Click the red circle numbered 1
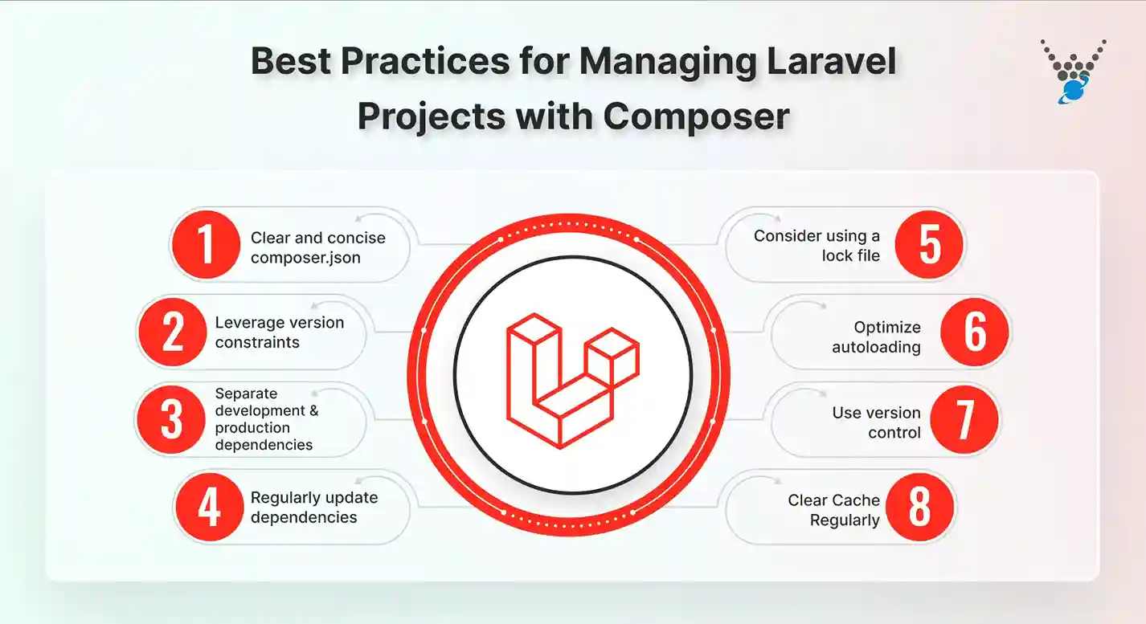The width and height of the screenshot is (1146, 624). click(207, 244)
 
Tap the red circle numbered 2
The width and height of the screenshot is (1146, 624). click(173, 332)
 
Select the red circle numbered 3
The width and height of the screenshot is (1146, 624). click(171, 419)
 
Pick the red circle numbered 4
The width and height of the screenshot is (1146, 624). click(209, 507)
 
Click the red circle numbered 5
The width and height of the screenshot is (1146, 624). click(930, 244)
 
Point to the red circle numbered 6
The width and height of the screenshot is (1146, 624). click(975, 332)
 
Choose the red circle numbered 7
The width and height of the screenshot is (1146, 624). click(964, 419)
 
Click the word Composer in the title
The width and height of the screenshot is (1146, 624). click(697, 116)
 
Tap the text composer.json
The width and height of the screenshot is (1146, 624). click(306, 258)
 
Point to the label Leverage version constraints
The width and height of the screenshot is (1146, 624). click(279, 332)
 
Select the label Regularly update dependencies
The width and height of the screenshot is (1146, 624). click(313, 507)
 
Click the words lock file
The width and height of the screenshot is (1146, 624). click(850, 256)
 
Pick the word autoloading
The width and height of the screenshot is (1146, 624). click(876, 347)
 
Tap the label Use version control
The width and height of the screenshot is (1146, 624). click(876, 422)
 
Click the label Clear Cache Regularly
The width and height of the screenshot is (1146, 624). click(833, 510)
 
